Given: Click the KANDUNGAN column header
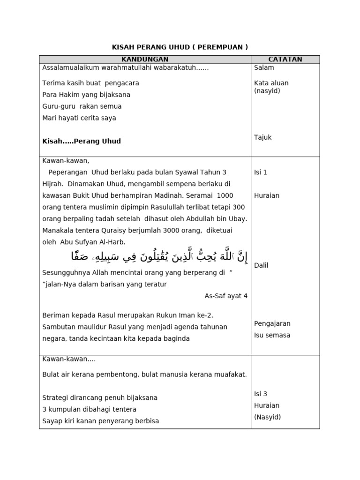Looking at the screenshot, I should click(145, 59).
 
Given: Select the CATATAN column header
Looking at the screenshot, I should click(285, 59).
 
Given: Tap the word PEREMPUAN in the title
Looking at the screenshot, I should click(220, 47).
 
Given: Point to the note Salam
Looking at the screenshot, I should click(264, 67).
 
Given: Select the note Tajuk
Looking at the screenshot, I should click(263, 137).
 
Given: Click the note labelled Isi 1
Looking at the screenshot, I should click(261, 172).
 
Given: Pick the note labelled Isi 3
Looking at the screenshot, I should click(261, 394).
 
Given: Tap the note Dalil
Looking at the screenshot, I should click(261, 265).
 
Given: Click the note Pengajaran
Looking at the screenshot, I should click(272, 323).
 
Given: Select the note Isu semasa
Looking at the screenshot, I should click(272, 335).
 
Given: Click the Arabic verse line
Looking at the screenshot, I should click(159, 256).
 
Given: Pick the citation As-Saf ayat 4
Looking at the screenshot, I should click(226, 296).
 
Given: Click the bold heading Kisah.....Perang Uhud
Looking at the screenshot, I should click(82, 141).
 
